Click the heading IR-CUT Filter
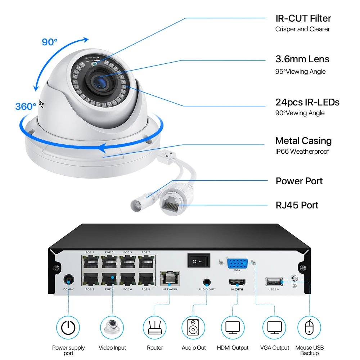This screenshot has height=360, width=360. [303, 18]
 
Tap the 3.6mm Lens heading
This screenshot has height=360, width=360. [302, 59]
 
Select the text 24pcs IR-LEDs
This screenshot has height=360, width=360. [307, 102]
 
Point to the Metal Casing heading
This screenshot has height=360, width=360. [303, 141]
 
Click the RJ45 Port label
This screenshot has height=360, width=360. [297, 205]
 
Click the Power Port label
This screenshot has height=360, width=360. [299, 181]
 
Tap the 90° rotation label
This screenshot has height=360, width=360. [50, 42]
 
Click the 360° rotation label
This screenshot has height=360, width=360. [26, 107]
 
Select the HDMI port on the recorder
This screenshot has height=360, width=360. [237, 283]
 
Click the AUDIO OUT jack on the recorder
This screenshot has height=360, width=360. [206, 283]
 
